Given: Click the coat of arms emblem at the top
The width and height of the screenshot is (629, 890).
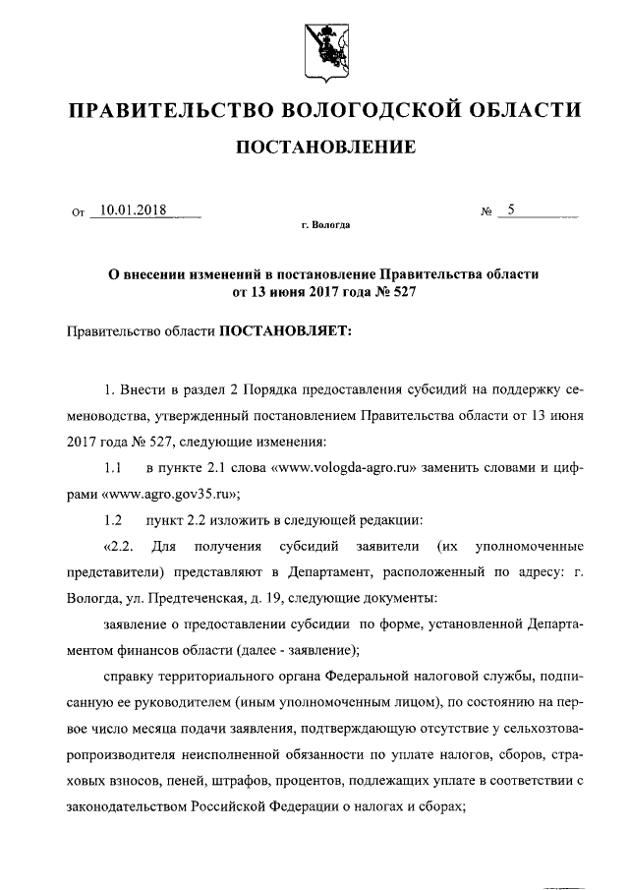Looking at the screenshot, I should [x=314, y=49].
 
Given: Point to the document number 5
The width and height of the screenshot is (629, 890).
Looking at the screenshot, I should [x=510, y=208].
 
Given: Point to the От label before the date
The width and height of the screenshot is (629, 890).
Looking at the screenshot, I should [x=79, y=210].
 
